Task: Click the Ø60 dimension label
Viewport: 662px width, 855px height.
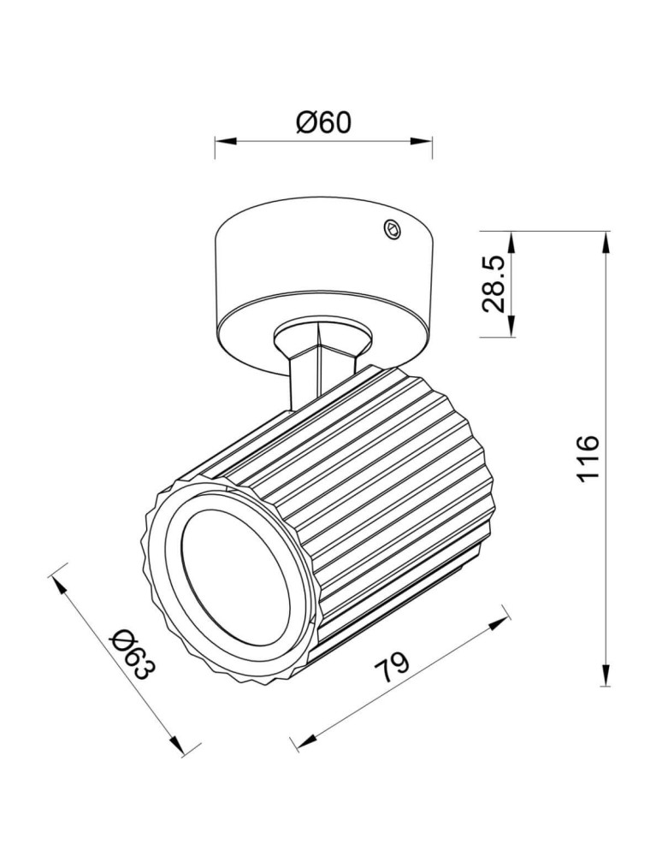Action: click(323, 122)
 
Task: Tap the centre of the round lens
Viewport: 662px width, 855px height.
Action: click(235, 586)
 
